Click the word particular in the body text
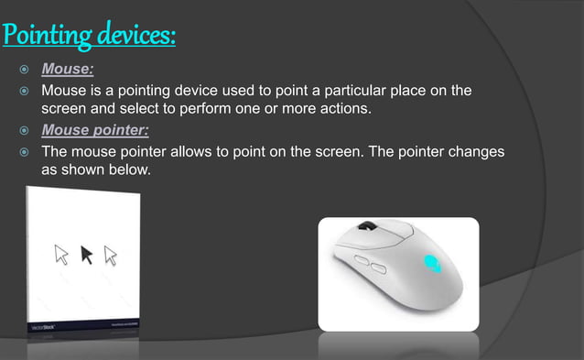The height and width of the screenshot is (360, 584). (x=365, y=91)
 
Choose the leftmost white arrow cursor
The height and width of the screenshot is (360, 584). (x=62, y=254)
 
